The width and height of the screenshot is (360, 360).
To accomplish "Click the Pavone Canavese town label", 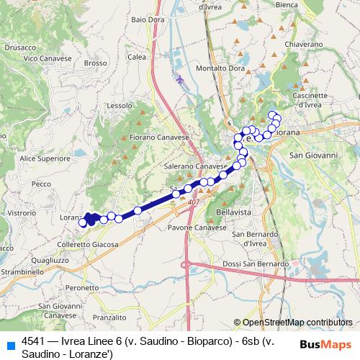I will [x=197, y=228].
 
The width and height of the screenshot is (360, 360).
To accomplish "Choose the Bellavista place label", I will [x=234, y=213].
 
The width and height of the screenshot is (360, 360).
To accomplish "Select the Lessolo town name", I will [x=119, y=105].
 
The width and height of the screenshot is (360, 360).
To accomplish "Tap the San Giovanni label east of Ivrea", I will [x=313, y=155].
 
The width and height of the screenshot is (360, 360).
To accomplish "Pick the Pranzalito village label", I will [x=110, y=317].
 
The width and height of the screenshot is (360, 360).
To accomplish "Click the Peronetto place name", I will [x=82, y=288].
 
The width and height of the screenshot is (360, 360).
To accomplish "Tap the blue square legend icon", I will [x=11, y=343].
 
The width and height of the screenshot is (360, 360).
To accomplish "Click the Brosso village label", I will [x=95, y=63].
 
